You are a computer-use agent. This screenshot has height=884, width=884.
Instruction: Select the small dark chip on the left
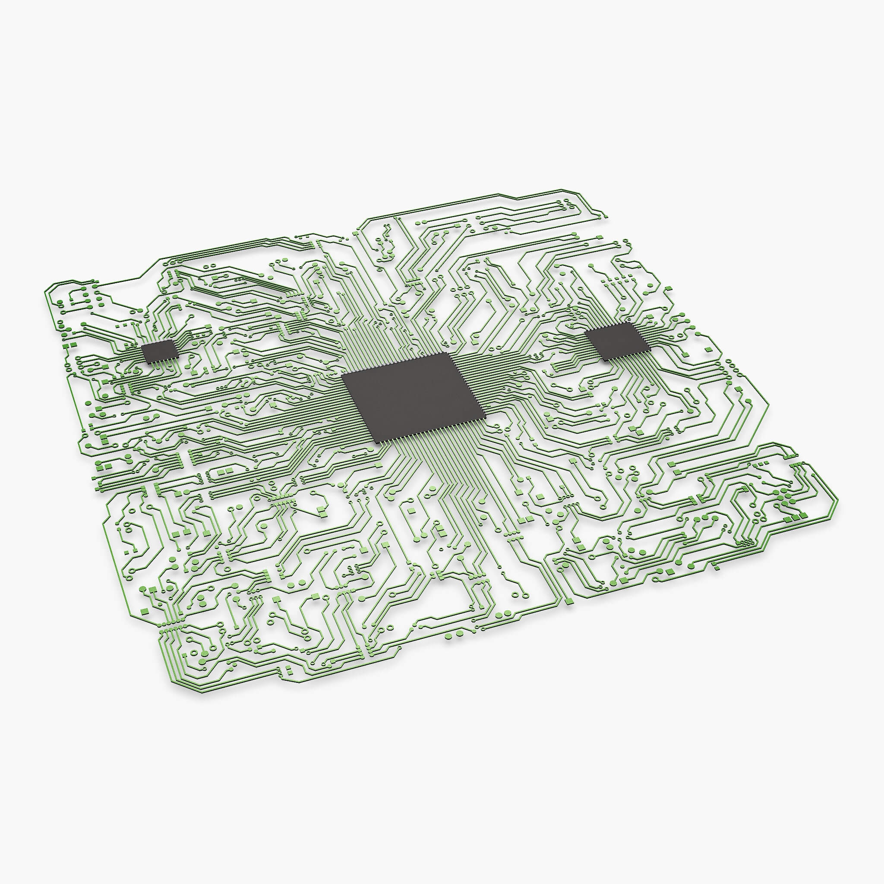coord(159,350)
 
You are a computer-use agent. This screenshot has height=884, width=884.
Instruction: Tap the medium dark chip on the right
coord(618,341)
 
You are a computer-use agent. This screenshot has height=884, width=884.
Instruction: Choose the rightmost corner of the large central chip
coord(485,417)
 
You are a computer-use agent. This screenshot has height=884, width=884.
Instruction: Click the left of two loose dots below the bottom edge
coord(448,636)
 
